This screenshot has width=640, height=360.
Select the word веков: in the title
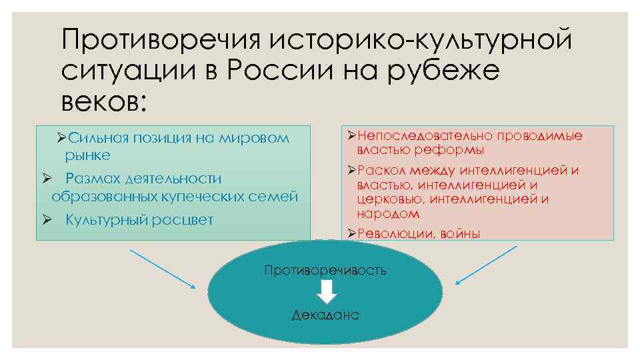click(x=102, y=101)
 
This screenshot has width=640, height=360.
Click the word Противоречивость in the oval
click(x=325, y=271)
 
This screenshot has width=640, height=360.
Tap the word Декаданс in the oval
click(x=325, y=315)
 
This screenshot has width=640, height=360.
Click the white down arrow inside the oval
click(x=326, y=292)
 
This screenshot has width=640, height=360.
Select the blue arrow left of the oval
click(x=162, y=269)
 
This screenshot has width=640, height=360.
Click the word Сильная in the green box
click(x=97, y=139)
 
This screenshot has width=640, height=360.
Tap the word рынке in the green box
click(x=87, y=155)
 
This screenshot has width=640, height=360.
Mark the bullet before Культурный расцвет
click(x=47, y=220)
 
